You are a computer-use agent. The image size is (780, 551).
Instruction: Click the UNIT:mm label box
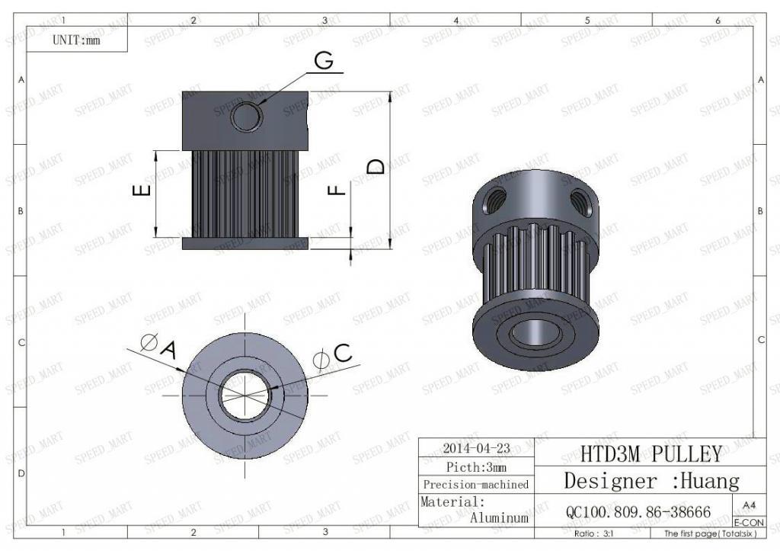coord(77,39)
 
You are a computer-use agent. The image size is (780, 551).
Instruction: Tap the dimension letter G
coord(324,61)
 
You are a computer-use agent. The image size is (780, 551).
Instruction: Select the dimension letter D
coord(376,166)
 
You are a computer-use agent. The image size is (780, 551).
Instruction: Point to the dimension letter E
coord(142,190)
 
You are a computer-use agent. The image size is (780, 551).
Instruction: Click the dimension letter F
coord(337,189)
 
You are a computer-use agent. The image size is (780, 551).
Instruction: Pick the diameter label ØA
coord(159,346)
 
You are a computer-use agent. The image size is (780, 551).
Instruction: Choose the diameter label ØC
coord(332,357)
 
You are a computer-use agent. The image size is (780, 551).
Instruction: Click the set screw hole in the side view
coord(246,117)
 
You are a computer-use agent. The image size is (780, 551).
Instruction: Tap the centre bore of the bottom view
coord(245,395)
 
